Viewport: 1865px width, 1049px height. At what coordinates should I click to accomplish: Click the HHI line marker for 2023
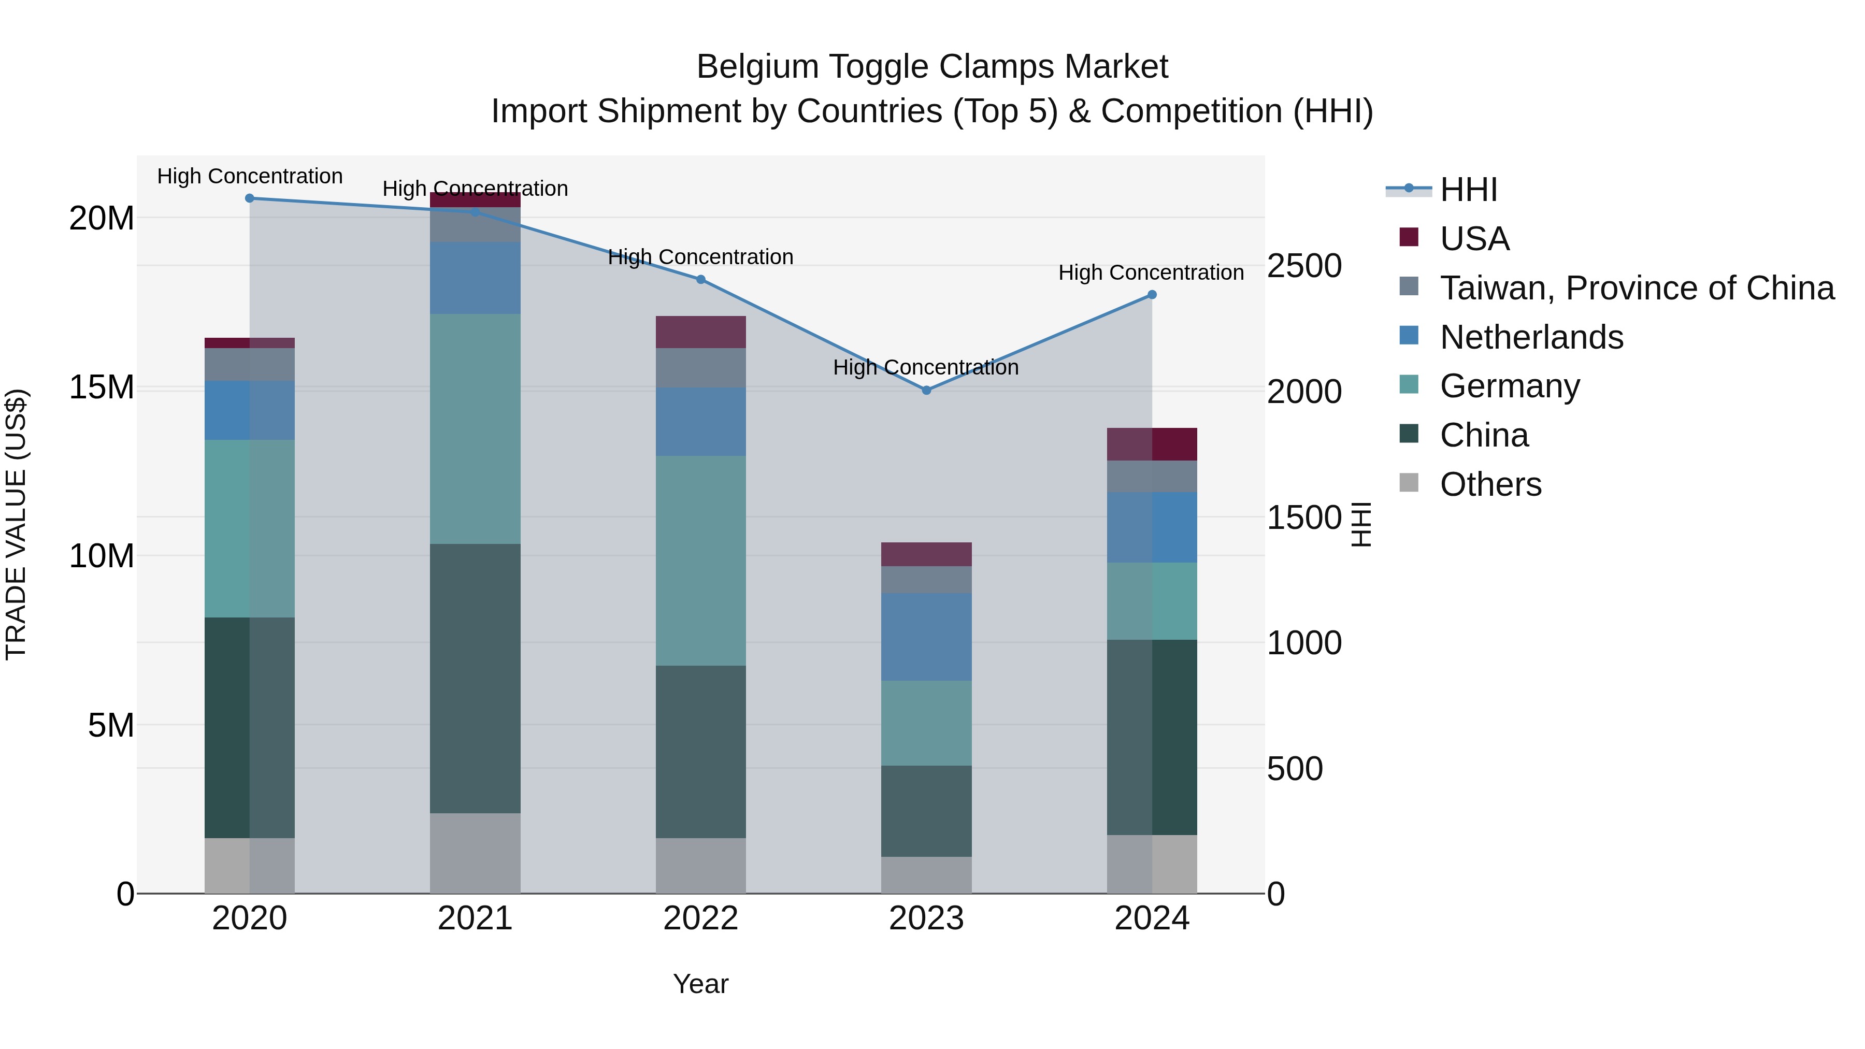tap(926, 390)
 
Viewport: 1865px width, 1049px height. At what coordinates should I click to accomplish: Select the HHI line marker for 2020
tap(250, 198)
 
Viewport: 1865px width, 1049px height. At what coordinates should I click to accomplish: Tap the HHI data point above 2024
tap(1152, 295)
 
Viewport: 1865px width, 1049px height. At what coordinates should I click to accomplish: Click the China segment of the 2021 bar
tap(475, 678)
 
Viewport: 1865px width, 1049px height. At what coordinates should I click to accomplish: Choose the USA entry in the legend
tap(1474, 239)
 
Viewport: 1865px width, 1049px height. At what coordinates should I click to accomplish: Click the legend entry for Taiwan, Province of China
tap(1636, 288)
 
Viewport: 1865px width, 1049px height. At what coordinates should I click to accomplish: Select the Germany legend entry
tap(1510, 386)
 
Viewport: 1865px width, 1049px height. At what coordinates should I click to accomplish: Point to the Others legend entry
tap(1490, 484)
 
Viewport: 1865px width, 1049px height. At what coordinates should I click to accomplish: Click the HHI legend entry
tap(1468, 190)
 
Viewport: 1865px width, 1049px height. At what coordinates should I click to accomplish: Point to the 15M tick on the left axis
tap(102, 387)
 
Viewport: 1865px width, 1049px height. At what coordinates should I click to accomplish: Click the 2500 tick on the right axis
tap(1304, 266)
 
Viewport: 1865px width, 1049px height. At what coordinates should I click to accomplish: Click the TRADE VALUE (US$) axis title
tap(16, 524)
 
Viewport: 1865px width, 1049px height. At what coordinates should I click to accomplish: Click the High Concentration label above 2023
tap(925, 367)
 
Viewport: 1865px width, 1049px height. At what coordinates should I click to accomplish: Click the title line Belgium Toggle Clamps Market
tap(932, 67)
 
